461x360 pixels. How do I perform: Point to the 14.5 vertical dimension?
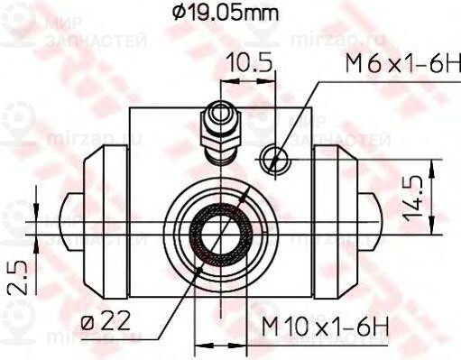(x=414, y=198)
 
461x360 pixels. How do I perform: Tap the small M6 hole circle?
(x=273, y=161)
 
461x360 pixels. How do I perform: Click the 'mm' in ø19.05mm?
(x=262, y=14)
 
